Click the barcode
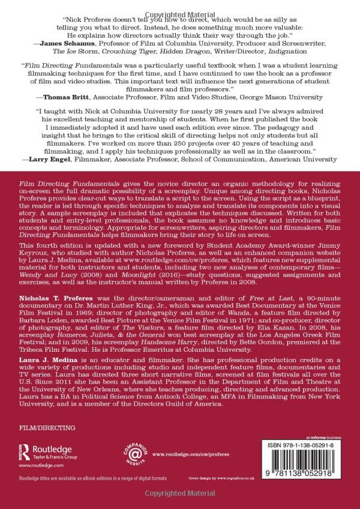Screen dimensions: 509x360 pyautogui.click(x=305, y=467)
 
